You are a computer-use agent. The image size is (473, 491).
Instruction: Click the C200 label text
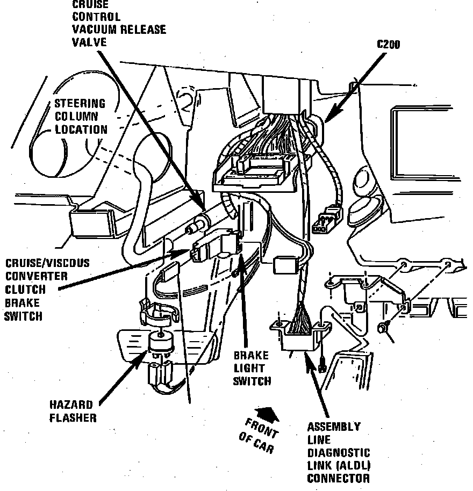[388, 45]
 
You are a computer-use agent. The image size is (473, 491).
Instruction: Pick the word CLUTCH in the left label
[25, 291]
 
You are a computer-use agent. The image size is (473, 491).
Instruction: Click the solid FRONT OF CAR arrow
[267, 414]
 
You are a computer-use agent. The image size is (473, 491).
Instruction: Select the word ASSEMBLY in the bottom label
[334, 427]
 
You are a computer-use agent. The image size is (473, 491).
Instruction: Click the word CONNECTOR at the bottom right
[339, 478]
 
